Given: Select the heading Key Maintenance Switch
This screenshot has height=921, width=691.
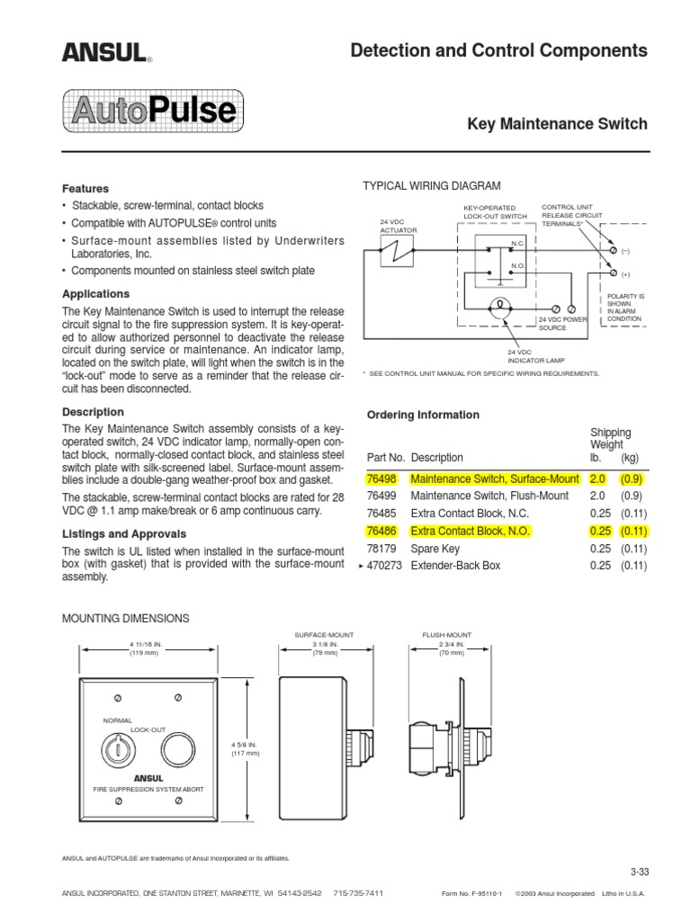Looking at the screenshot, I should coord(557,124).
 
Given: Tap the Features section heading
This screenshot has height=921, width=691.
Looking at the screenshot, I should coord(85,189).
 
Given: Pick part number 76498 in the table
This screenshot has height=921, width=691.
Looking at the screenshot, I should coord(382,479).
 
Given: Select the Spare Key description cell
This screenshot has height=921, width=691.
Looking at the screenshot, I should coord(435,548).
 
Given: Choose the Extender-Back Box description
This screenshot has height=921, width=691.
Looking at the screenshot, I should coord(455,566).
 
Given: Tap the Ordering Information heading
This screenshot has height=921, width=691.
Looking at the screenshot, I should coord(423,415).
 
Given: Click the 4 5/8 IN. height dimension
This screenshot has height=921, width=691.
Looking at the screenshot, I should coord(246,747).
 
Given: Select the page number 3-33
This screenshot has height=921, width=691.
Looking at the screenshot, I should coord(639,872).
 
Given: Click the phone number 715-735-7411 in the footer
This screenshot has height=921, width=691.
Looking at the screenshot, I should coord(358,893).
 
